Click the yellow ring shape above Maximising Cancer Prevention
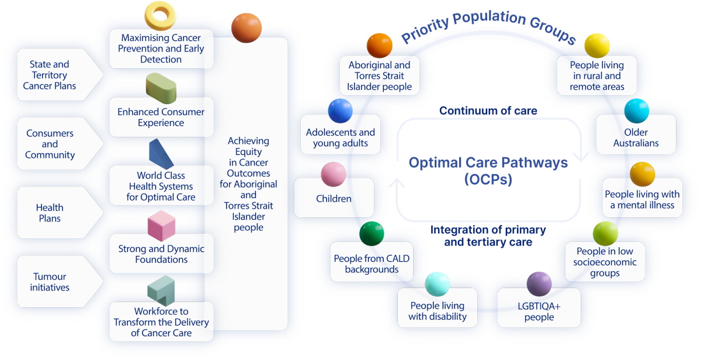point(161,15)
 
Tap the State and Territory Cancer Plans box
point(50,75)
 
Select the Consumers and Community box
point(50,144)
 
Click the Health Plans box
point(50,213)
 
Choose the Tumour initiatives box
point(50,282)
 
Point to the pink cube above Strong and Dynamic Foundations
point(161,226)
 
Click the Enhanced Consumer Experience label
point(161,117)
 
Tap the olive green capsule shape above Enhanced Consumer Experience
point(161,88)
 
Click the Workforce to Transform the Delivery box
point(161,322)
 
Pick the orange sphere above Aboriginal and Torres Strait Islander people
point(380,45)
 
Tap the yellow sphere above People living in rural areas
point(597,45)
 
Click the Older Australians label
point(636,138)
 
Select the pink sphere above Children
point(334,174)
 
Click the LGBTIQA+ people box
point(539,311)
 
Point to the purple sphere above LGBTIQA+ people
point(539,283)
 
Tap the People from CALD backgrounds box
point(372,264)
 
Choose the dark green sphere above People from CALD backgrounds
point(372,234)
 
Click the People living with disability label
point(438,311)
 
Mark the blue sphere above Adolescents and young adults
point(341,110)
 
